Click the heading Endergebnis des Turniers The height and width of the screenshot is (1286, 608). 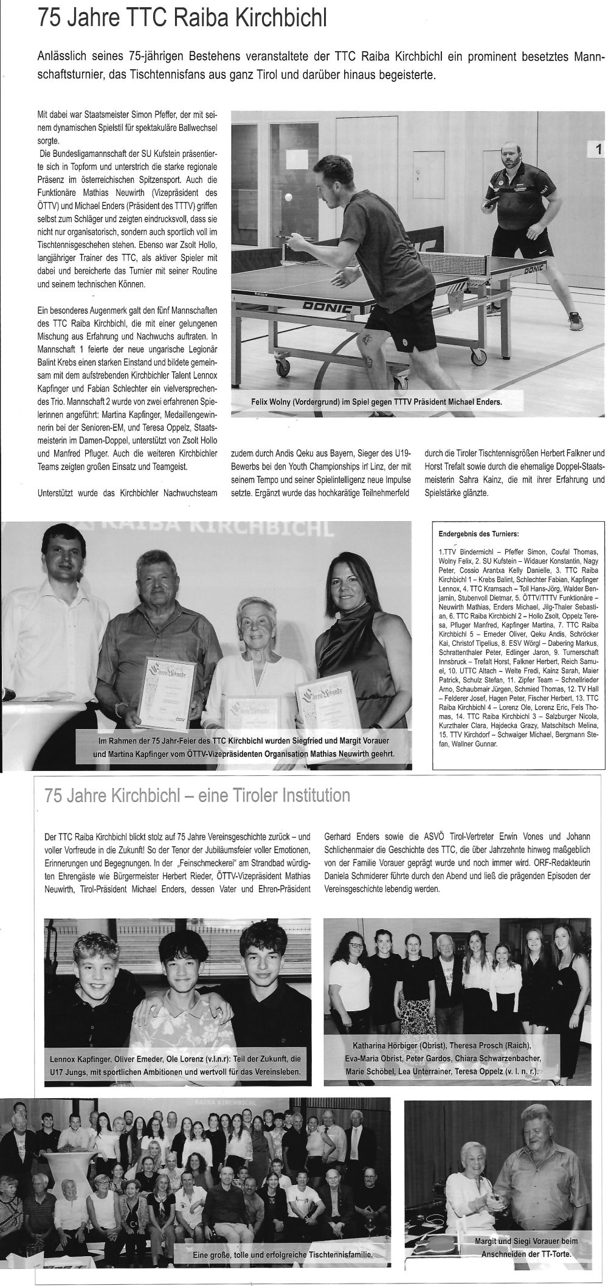(478, 534)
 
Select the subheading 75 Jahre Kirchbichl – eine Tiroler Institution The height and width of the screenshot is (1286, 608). (198, 795)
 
